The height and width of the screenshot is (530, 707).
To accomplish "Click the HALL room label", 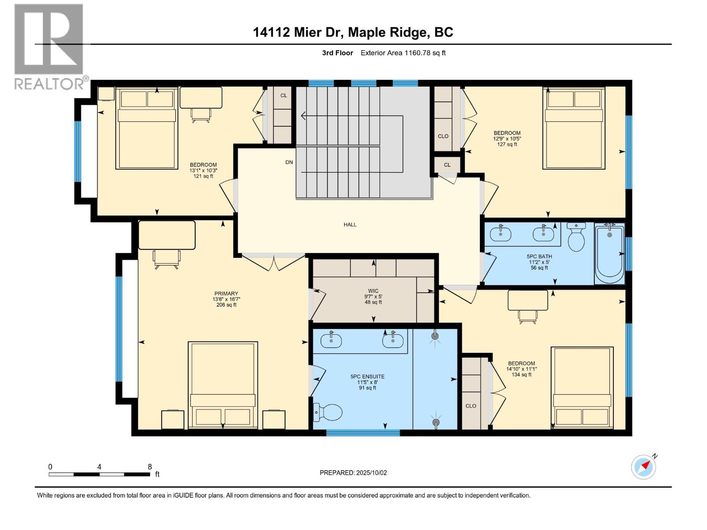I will click(x=350, y=224).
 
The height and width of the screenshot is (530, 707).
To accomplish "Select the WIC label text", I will click(x=373, y=291).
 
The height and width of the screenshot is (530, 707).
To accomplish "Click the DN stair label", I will click(x=289, y=162).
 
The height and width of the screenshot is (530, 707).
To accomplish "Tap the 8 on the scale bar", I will click(x=150, y=467).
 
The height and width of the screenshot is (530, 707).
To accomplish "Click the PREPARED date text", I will click(x=353, y=473).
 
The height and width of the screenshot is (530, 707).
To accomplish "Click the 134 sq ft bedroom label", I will click(x=521, y=369).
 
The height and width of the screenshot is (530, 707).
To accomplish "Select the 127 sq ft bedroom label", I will click(x=507, y=138).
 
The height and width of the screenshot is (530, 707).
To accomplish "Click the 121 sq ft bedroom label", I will click(x=203, y=170).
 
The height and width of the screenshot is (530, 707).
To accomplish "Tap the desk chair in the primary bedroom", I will click(x=167, y=259).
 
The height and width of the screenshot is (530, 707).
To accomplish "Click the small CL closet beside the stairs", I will click(x=447, y=165).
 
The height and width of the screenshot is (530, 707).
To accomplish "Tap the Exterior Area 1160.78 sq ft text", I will click(x=403, y=53).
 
